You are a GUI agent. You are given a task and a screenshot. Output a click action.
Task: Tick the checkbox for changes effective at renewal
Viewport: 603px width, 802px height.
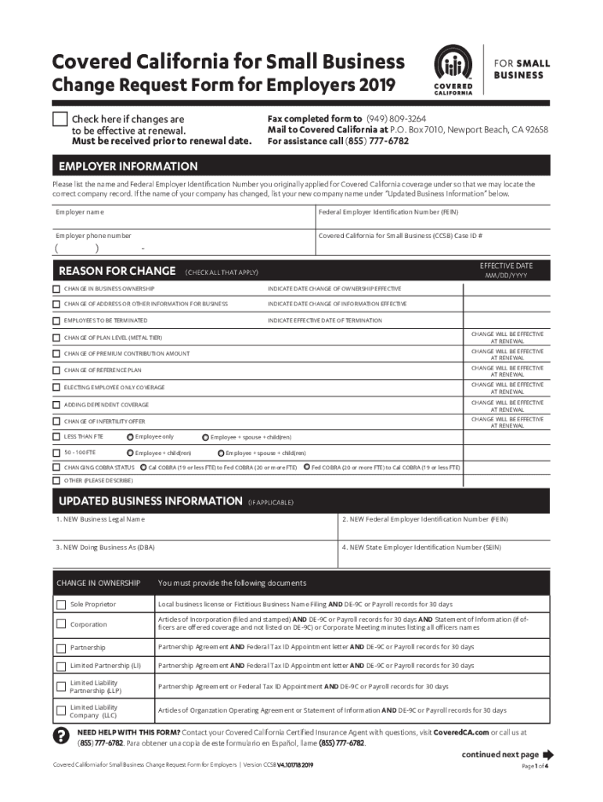(x=60, y=119)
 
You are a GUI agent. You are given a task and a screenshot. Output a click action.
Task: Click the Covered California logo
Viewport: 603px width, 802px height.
(x=453, y=69)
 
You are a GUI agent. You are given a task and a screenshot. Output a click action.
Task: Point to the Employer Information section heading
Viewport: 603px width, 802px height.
(x=128, y=167)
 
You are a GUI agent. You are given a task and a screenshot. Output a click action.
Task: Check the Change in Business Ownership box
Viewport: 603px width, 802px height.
(x=56, y=289)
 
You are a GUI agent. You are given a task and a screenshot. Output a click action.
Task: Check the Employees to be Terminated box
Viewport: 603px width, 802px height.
(x=56, y=320)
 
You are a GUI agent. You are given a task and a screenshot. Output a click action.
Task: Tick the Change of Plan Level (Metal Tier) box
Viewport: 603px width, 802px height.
(x=56, y=338)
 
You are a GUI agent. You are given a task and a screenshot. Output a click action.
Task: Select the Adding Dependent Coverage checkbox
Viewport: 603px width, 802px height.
(x=56, y=405)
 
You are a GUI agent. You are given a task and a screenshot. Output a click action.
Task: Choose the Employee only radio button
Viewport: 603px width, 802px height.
(x=129, y=436)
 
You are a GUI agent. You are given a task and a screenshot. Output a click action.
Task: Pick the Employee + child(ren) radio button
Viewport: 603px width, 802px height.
(x=130, y=453)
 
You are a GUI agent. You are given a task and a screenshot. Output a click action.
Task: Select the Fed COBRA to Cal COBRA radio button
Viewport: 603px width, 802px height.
(x=306, y=468)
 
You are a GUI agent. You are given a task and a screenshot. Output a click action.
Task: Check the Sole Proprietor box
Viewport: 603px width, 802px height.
(x=61, y=605)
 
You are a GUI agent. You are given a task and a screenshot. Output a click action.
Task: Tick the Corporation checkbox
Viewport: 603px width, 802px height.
(x=61, y=624)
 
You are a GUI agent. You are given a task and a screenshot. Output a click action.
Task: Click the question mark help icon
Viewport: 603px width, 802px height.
(x=60, y=735)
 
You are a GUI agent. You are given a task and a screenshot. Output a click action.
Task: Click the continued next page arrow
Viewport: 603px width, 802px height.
(x=547, y=755)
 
